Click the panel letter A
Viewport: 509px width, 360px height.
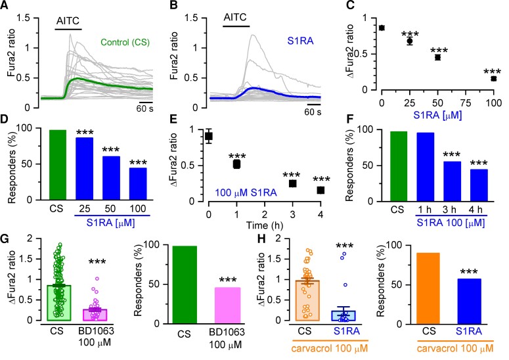tap(7, 7)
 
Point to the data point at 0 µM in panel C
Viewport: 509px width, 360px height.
tap(382, 28)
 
